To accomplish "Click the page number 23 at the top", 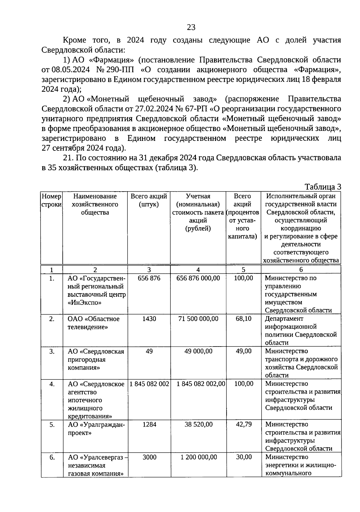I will [191, 28].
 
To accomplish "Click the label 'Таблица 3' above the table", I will [323, 187].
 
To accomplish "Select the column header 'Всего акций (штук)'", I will [149, 200].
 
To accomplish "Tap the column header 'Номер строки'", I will [52, 200].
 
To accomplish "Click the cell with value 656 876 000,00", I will [198, 278].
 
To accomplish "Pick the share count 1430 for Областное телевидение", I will [149, 319].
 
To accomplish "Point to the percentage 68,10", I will [243, 319].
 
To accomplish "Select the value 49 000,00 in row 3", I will [198, 351].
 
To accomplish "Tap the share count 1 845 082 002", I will [149, 384].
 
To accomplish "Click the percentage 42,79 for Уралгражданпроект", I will [243, 424].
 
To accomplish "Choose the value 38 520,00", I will [198, 424].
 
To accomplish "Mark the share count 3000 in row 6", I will [149, 457].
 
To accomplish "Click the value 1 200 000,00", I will [198, 457].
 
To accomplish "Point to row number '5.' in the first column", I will [52, 424].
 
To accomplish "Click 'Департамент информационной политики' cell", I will [301, 330].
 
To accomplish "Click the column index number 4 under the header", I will [198, 269].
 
